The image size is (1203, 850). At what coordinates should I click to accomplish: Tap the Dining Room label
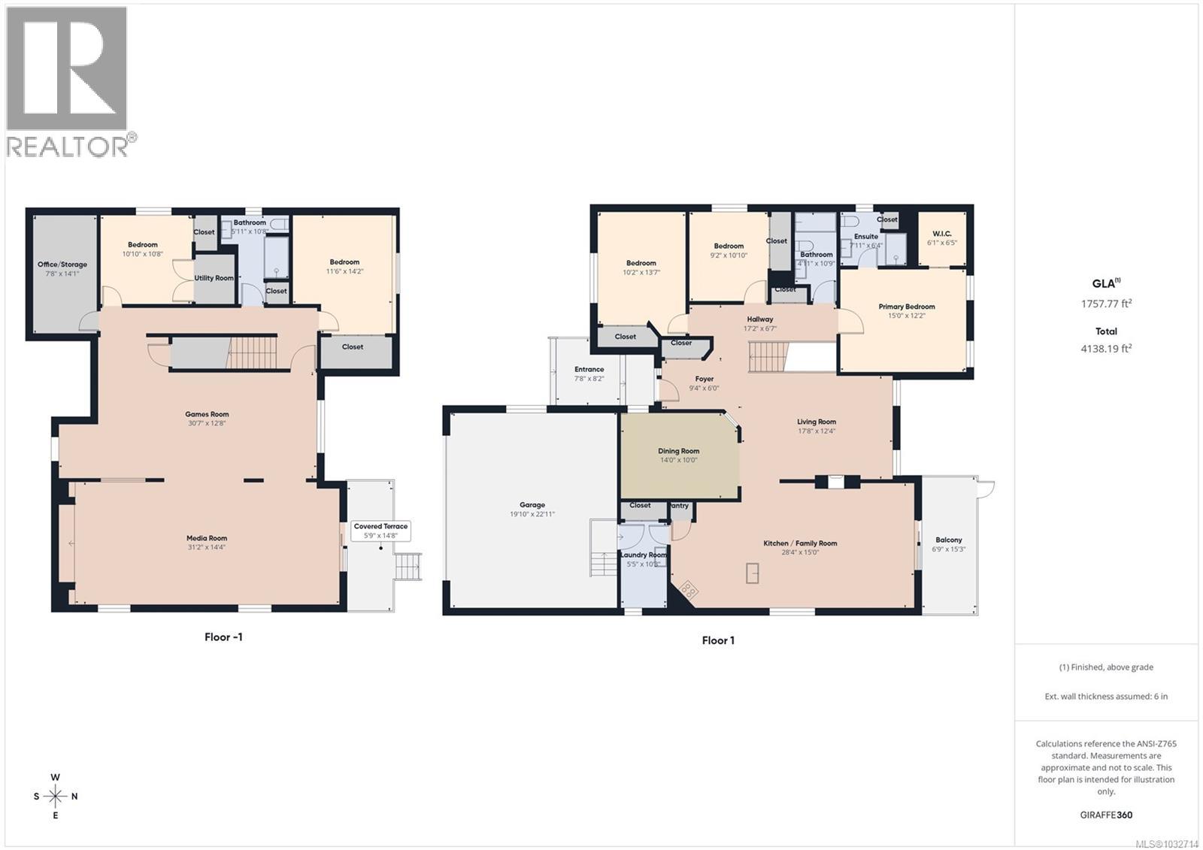tap(678, 451)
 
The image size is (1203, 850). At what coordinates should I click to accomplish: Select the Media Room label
tap(207, 538)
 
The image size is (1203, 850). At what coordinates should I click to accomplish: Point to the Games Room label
tap(207, 414)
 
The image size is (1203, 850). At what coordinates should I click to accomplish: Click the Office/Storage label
tap(62, 265)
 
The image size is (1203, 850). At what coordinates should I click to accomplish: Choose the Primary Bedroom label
tap(906, 307)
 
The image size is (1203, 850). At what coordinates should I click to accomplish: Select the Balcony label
tap(949, 540)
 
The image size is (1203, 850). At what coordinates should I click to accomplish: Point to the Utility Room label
tap(214, 278)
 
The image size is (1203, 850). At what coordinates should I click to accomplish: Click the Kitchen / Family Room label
tap(800, 543)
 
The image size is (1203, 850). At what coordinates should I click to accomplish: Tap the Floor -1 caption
tap(223, 637)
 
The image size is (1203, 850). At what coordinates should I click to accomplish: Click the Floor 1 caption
tap(718, 640)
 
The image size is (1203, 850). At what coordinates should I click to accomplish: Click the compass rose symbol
tap(56, 796)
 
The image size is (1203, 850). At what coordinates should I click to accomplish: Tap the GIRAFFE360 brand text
tap(1106, 815)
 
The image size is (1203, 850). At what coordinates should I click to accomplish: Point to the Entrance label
tap(589, 369)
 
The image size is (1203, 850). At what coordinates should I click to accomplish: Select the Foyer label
tap(704, 379)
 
